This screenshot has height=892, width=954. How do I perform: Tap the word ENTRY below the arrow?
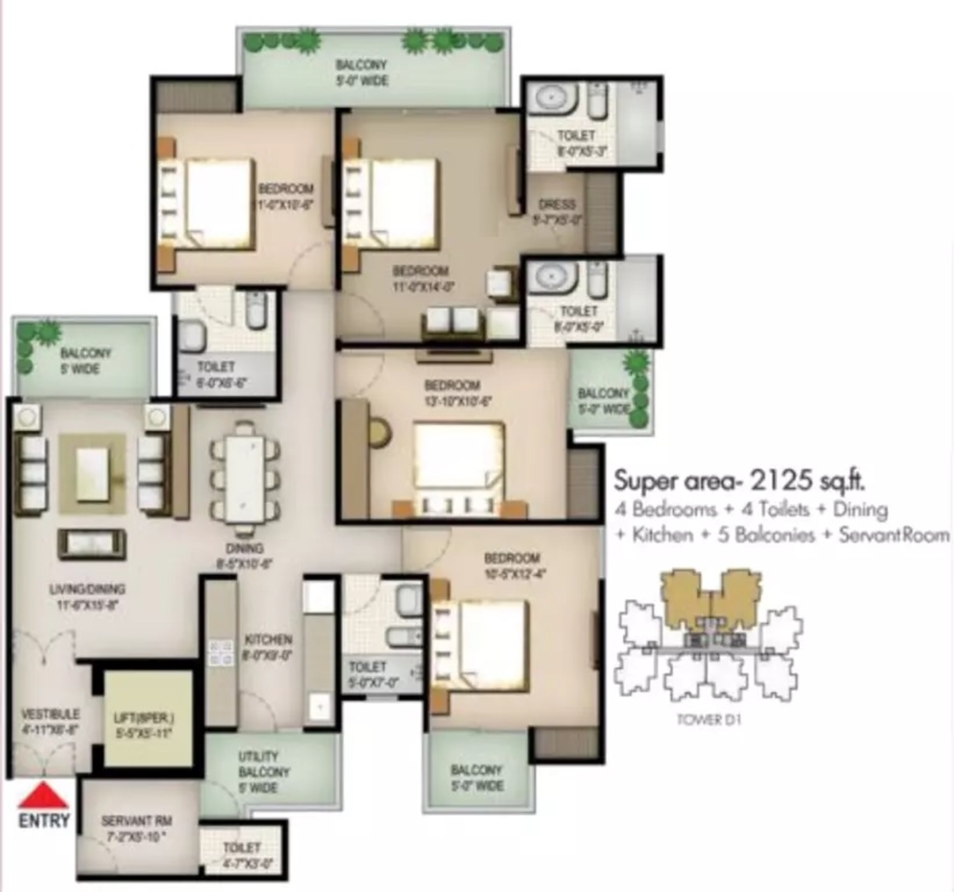click(44, 821)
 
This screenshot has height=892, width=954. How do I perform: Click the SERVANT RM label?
click(136, 821)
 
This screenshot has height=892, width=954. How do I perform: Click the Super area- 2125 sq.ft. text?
click(739, 481)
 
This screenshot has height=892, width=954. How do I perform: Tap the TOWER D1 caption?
click(708, 720)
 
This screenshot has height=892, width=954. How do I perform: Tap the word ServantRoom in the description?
click(894, 535)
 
